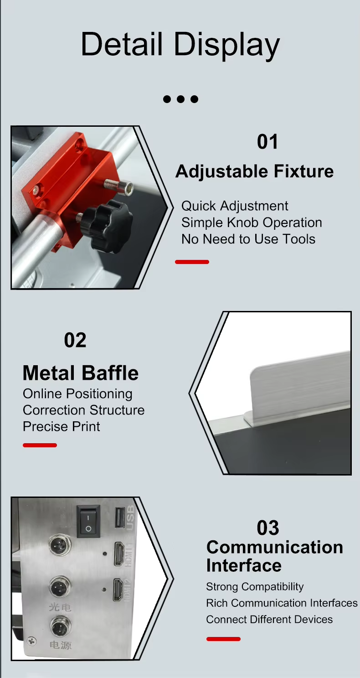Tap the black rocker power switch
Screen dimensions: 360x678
[x=88, y=521]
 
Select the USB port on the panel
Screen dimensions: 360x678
[x=120, y=519]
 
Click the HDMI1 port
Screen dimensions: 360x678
[x=119, y=554]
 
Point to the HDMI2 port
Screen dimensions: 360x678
[x=118, y=590]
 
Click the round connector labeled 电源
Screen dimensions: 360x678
[x=61, y=627]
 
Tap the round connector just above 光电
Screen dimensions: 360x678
[x=60, y=587]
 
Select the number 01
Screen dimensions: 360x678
[x=267, y=142]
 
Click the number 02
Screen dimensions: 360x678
[x=75, y=340]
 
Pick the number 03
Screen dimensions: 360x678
[x=268, y=528]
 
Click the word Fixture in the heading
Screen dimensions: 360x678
[x=304, y=171]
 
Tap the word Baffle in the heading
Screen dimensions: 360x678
[x=110, y=373]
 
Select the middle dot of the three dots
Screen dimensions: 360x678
[x=180, y=99]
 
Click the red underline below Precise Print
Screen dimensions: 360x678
[x=40, y=445]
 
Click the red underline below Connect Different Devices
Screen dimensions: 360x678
[x=224, y=639]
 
